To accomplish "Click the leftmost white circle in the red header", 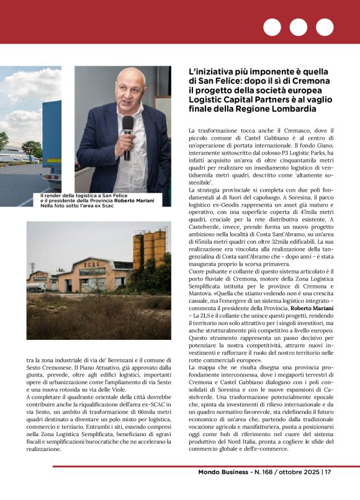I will coord(272,27).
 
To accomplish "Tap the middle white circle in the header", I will coord(299,27).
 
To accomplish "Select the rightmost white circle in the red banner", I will coord(325,27).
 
